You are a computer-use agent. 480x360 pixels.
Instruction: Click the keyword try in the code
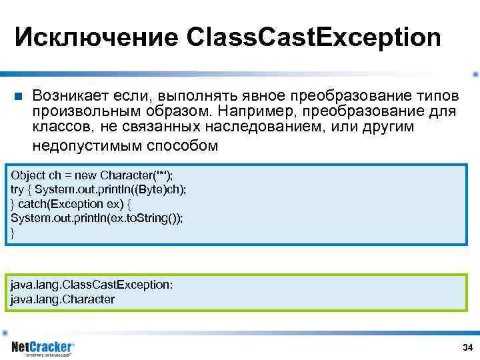click(x=17, y=189)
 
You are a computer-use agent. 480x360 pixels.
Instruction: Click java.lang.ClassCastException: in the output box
click(x=91, y=285)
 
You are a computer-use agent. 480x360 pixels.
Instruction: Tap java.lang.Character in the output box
click(x=63, y=299)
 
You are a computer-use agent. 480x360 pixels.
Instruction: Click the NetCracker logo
click(x=43, y=347)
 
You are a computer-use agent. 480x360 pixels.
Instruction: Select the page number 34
click(x=467, y=348)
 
